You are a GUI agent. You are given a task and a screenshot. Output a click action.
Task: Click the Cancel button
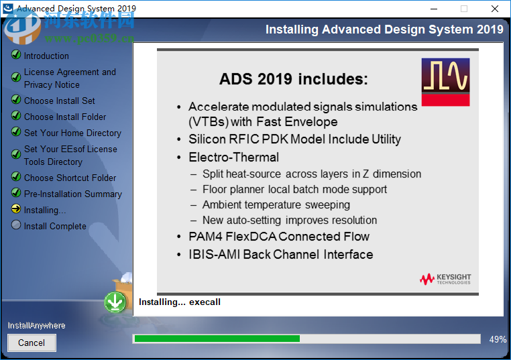pos(32,343)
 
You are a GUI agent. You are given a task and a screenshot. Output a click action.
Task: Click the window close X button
pos(495,9)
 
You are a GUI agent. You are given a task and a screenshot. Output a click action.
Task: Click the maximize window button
pos(463,9)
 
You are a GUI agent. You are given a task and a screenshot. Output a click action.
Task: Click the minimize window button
pos(433,9)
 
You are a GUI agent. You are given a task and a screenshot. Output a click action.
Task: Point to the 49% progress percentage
pos(498,339)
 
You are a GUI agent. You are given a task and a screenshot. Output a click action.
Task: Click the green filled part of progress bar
pos(217,339)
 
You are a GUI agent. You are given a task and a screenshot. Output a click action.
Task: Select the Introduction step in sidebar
pos(46,56)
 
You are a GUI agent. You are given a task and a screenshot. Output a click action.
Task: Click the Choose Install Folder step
pos(65,117)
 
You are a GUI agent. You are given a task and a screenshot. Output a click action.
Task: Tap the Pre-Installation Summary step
pos(72,194)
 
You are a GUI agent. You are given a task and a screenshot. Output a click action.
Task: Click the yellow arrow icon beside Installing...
pos(16,209)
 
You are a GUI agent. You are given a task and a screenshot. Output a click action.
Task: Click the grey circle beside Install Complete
pos(16,225)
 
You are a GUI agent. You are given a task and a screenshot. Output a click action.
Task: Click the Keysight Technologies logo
pos(445,278)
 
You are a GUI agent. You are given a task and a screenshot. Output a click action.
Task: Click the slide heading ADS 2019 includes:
pos(294,79)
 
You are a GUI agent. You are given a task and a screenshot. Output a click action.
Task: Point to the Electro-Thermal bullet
pos(233,158)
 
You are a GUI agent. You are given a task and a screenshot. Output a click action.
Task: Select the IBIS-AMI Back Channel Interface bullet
pos(280,255)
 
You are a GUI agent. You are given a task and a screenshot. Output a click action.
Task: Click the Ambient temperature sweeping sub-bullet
pos(276,204)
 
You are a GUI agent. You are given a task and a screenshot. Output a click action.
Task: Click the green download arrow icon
pos(115,302)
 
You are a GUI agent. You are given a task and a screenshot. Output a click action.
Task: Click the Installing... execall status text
pos(180,302)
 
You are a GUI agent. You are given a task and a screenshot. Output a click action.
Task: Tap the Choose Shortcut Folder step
pos(70,178)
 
